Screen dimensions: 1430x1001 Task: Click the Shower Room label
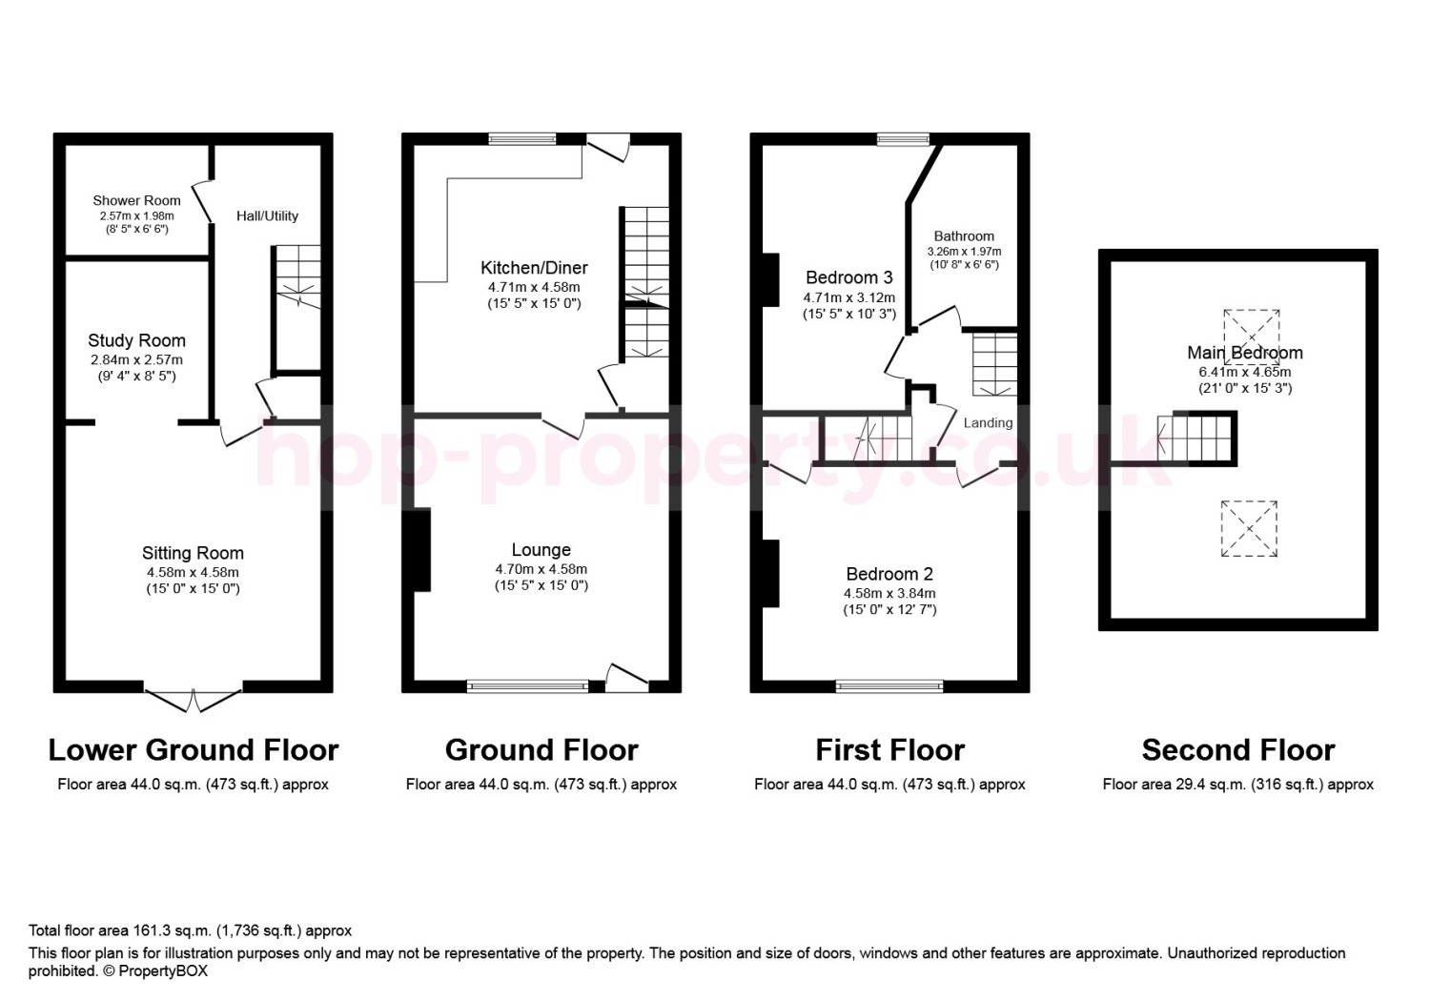pos(136,200)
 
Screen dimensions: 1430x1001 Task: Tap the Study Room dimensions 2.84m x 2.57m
pos(136,360)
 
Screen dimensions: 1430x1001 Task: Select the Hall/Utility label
pos(268,215)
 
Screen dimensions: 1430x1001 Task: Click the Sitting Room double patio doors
pos(193,700)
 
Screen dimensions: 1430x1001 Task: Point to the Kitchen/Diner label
pos(534,268)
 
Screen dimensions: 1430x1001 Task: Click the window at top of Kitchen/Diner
pos(522,138)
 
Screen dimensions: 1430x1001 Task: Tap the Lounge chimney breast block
pos(422,550)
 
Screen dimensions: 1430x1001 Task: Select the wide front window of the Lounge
pos(527,686)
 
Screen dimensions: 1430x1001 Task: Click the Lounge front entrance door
pos(627,678)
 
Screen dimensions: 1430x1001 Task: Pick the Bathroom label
pos(964,235)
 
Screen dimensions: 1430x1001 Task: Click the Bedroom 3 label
pos(849,277)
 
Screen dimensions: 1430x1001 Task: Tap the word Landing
pos(988,422)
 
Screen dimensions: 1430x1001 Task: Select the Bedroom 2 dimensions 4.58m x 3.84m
pos(889,593)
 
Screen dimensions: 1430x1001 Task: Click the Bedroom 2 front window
pos(889,686)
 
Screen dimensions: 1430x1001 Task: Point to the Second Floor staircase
pos(1195,439)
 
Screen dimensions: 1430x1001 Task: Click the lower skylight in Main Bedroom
pos(1249,528)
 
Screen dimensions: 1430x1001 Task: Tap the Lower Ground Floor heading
pos(194,750)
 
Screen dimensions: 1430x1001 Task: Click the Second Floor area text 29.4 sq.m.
pos(1237,785)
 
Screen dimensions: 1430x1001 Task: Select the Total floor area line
pos(190,930)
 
